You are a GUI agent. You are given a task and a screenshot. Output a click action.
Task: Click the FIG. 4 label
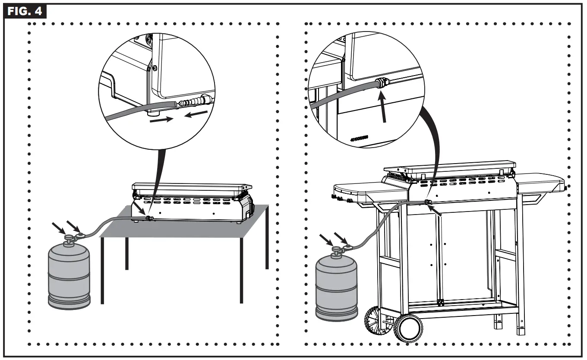tap(24, 11)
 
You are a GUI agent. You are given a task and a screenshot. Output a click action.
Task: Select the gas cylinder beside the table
tap(69, 276)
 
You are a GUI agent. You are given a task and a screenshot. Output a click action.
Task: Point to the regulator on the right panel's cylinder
tap(346, 248)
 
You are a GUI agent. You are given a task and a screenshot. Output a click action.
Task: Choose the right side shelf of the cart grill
tap(541, 182)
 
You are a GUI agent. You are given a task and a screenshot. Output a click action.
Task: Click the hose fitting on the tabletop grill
tap(149, 218)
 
